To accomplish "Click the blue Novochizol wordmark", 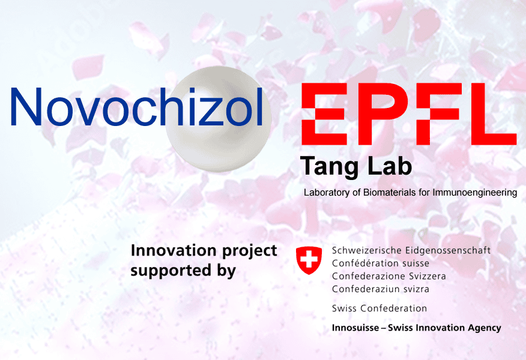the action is pyautogui.click(x=137, y=107).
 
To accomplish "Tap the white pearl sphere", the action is pyautogui.click(x=218, y=119).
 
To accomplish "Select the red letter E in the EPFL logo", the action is pyautogui.click(x=324, y=114).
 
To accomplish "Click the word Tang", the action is pyautogui.click(x=330, y=167).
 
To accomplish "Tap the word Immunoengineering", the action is pyautogui.click(x=475, y=193).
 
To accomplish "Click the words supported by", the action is pyautogui.click(x=183, y=271).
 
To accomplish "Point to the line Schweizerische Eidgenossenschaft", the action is pyautogui.click(x=411, y=251).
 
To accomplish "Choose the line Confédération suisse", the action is pyautogui.click(x=381, y=263).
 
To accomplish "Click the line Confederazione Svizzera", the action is pyautogui.click(x=389, y=276).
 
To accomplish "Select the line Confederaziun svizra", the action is pyautogui.click(x=381, y=289).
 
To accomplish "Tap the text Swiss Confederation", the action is pyautogui.click(x=379, y=308).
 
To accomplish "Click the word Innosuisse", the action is pyautogui.click(x=355, y=328).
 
